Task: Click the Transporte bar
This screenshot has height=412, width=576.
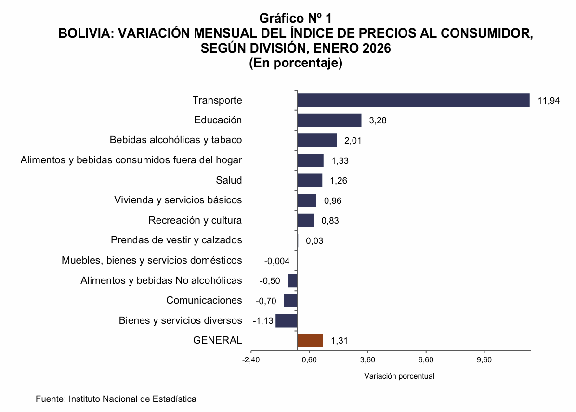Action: [413, 100]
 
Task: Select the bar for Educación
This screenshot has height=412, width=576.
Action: [329, 120]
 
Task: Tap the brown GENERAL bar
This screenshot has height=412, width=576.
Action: [310, 341]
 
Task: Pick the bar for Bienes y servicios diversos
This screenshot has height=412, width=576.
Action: [287, 321]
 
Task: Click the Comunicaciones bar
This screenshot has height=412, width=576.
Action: [290, 301]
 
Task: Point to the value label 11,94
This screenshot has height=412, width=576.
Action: [549, 101]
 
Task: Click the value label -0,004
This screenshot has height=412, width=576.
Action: [277, 261]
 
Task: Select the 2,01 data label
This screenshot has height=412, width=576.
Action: [353, 141]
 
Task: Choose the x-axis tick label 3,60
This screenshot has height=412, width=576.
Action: [367, 360]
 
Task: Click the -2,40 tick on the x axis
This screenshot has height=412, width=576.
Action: [251, 360]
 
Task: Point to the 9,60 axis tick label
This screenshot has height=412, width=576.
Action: [484, 360]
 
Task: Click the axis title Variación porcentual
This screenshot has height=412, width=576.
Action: [399, 376]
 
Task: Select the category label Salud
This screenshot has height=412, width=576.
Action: [229, 180]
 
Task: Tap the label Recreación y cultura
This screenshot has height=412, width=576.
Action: [195, 220]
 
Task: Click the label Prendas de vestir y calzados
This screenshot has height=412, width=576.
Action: [176, 240]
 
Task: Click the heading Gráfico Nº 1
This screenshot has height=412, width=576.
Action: [296, 18]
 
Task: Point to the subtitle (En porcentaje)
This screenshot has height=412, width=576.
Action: [296, 63]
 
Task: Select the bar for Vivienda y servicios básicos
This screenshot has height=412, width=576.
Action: [307, 200]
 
